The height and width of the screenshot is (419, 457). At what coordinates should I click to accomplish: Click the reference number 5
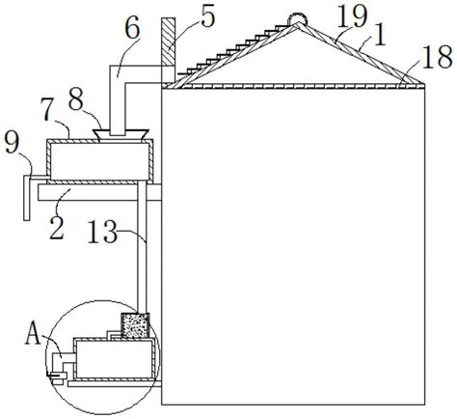click(207, 17)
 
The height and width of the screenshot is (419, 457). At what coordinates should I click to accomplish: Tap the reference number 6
click(132, 27)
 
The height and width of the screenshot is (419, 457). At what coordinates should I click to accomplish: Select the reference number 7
click(47, 108)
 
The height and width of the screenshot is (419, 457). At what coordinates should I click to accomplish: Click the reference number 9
click(12, 144)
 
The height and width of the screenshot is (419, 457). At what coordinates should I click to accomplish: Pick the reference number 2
click(57, 228)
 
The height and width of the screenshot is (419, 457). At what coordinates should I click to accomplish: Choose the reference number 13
click(102, 231)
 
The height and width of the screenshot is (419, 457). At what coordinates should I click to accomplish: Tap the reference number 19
click(353, 17)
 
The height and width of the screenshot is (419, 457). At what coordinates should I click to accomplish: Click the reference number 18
click(438, 57)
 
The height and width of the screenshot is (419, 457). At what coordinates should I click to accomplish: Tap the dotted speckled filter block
click(135, 325)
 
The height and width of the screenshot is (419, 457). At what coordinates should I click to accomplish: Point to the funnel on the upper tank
click(121, 134)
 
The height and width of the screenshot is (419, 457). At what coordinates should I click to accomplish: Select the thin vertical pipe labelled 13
click(142, 247)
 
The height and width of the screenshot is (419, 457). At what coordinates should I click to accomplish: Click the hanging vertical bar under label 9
click(27, 198)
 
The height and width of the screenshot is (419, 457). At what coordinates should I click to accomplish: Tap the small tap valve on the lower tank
click(57, 376)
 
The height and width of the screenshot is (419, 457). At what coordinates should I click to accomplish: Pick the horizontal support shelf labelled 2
click(99, 192)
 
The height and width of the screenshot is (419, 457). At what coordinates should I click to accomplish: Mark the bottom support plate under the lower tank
click(115, 383)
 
